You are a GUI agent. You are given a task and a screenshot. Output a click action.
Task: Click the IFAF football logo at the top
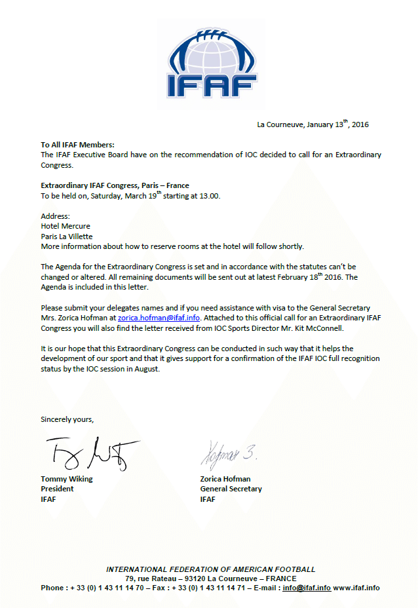(x=210, y=62)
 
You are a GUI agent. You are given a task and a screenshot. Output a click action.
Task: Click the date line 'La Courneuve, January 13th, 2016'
(x=313, y=124)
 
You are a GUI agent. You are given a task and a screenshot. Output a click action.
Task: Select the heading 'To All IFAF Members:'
(x=77, y=145)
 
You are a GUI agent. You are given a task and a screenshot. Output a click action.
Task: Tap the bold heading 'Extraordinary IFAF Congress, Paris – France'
(x=115, y=185)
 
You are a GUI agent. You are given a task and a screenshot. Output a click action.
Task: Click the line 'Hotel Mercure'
(x=66, y=226)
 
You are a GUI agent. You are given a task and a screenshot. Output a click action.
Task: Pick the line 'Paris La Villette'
(x=67, y=236)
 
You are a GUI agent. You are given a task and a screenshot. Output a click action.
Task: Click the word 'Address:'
(x=55, y=216)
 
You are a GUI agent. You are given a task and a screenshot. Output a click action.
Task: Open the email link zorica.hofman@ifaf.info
(x=159, y=318)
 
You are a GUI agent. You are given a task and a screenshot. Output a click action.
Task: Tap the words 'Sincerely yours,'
(x=67, y=419)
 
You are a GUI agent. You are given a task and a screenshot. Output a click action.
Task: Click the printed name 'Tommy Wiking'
(x=67, y=479)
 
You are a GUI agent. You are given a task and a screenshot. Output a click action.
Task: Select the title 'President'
(x=58, y=489)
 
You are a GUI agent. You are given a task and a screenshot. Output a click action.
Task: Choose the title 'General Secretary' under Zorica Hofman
(x=231, y=489)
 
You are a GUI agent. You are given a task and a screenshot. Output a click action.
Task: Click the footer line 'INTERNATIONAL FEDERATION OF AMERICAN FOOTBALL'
(x=210, y=569)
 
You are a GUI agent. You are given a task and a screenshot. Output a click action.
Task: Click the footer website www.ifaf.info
(x=356, y=588)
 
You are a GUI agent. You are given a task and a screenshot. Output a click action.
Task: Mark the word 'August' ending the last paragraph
(x=146, y=369)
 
